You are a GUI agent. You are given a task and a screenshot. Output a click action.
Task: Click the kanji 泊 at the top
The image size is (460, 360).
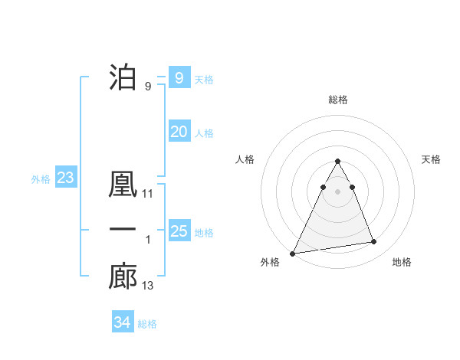[123, 77]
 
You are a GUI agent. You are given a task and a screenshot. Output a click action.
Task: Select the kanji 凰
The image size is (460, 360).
[123, 185]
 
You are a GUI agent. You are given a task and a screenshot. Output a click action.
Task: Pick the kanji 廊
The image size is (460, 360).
[123, 277]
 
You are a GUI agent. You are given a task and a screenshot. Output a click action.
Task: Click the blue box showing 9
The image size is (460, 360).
[179, 77]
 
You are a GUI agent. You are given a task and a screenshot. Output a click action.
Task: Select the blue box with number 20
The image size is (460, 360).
[179, 132]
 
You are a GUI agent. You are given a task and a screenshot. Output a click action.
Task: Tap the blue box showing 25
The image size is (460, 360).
[179, 231]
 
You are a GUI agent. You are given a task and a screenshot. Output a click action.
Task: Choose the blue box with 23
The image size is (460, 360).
[65, 178]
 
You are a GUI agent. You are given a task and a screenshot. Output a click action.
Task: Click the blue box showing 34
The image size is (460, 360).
[122, 322]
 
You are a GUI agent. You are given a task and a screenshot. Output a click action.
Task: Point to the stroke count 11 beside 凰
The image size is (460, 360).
[148, 195]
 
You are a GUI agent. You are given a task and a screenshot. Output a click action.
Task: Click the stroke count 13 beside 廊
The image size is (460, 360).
[148, 286]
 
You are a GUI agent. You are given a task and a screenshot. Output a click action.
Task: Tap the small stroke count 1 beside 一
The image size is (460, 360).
[148, 241]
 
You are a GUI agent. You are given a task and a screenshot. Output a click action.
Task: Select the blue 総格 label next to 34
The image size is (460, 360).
[147, 324]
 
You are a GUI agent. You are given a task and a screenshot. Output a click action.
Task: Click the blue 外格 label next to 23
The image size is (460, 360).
[41, 179]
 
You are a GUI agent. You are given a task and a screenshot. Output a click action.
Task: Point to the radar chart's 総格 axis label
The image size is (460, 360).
[338, 100]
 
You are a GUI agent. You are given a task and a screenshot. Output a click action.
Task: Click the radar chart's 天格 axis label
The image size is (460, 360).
[431, 159]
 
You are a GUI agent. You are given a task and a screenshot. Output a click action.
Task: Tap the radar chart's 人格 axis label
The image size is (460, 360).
[245, 159]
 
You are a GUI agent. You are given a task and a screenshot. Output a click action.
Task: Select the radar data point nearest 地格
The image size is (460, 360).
[374, 242]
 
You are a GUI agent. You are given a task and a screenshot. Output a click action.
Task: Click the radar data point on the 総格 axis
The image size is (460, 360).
[338, 162]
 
